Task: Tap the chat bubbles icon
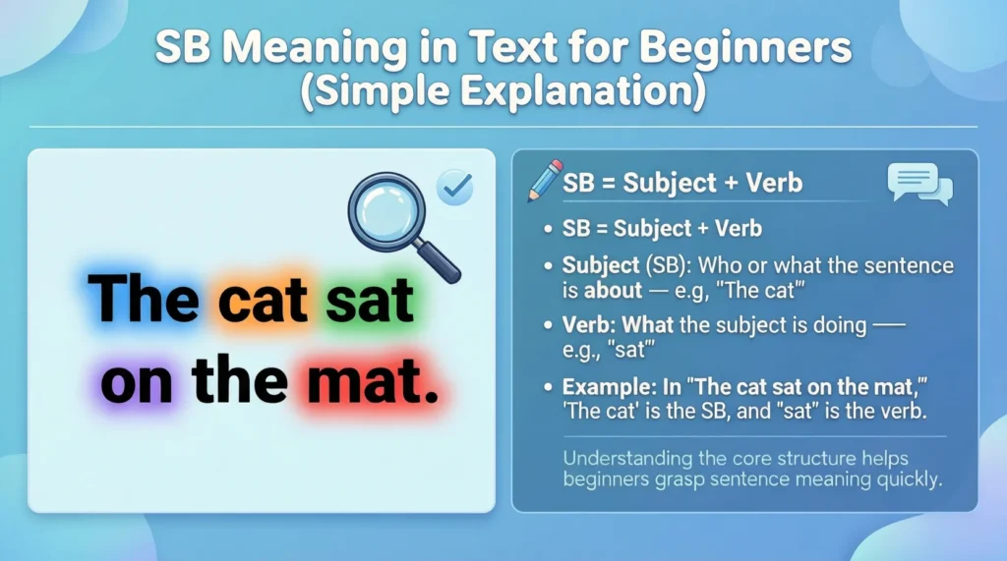pyautogui.click(x=918, y=184)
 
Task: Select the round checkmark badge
pyautogui.click(x=454, y=187)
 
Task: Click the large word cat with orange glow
pyautogui.click(x=256, y=301)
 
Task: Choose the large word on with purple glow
pyautogui.click(x=136, y=381)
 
